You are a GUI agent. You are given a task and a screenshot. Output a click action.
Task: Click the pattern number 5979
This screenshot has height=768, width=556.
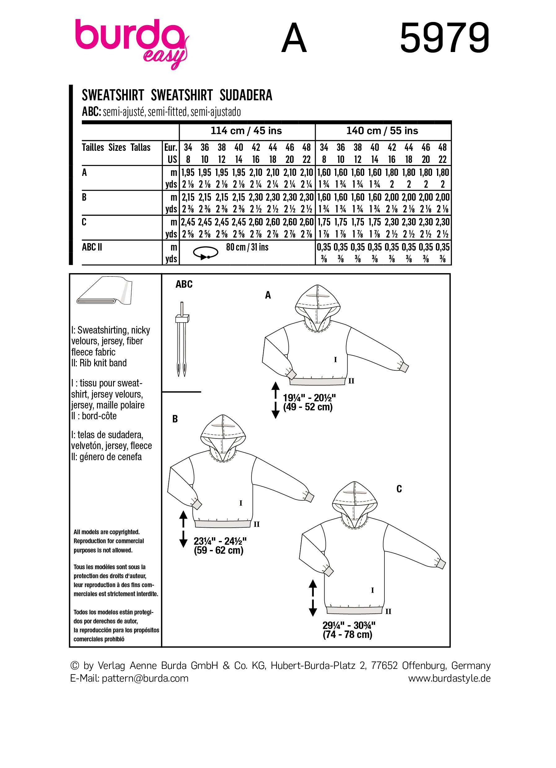point(444,38)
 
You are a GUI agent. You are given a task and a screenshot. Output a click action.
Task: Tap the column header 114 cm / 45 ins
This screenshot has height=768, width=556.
point(246,131)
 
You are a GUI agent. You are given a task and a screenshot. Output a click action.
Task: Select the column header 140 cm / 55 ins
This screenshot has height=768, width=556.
point(382,131)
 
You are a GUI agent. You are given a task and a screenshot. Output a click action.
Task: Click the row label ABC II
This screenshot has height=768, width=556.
point(92,247)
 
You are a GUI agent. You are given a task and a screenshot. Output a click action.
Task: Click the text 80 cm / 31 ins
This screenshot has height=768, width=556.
point(247,247)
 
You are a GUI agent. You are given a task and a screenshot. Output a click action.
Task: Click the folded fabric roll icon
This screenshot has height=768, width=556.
point(104,292)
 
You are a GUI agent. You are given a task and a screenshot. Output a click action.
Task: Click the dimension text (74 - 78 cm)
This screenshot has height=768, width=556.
point(348,635)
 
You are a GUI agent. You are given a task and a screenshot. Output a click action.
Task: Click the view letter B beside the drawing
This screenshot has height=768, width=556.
point(175,419)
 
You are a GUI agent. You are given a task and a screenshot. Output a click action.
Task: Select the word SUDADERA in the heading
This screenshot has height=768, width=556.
point(246,95)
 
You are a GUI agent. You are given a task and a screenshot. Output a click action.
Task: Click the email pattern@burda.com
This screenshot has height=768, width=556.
point(145,678)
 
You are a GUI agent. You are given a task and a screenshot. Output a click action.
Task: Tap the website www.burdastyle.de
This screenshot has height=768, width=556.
point(449,678)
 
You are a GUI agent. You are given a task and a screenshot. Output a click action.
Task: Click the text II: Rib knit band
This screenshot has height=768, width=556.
point(99,363)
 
